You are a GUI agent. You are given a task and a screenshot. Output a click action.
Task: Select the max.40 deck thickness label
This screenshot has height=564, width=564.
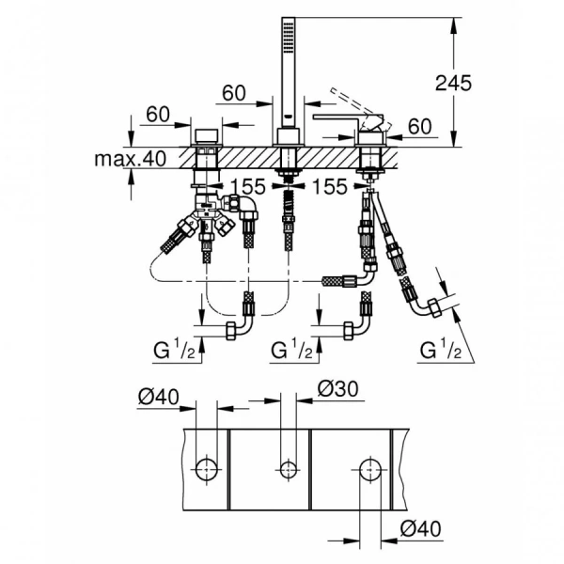[x=129, y=159]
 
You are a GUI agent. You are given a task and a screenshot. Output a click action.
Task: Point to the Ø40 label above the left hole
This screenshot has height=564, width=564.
[x=157, y=397]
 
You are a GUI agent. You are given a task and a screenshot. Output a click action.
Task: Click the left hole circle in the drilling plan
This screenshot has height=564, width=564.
[x=207, y=466]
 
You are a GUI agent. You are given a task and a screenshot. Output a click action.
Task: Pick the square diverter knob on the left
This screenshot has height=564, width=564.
[x=206, y=131]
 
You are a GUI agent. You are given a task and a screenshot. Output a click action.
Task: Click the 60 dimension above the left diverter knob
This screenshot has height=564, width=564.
[x=157, y=115]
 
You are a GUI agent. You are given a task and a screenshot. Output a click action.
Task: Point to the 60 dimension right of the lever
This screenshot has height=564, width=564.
[x=419, y=126]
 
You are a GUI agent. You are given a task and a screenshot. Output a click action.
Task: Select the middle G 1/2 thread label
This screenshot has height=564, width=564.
[x=290, y=352]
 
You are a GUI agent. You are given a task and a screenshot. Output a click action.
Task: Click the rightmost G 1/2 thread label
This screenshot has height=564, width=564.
[x=441, y=352]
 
